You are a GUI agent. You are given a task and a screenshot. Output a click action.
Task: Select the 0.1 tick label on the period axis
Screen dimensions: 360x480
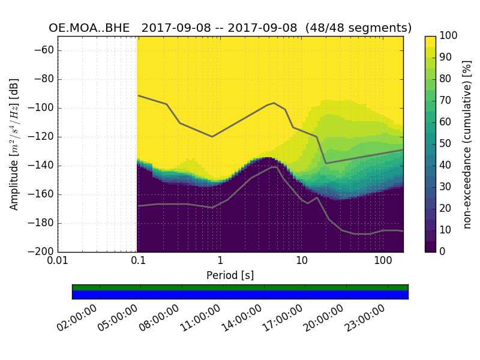tap(139, 261)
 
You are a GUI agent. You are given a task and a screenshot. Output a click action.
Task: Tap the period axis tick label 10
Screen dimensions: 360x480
tap(302, 261)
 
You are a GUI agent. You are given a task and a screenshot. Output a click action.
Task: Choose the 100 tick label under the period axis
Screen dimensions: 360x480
tap(383, 261)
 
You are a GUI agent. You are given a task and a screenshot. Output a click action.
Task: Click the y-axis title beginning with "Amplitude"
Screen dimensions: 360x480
tap(14, 144)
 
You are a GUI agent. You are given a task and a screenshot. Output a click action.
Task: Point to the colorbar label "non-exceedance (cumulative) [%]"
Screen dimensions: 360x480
tap(468, 144)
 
